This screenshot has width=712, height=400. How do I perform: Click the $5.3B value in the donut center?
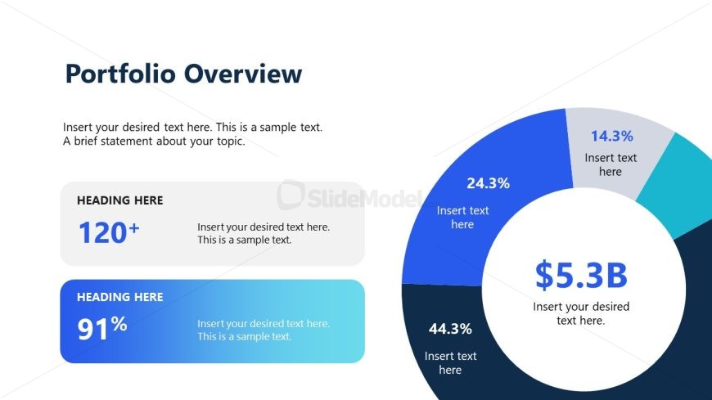(x=581, y=276)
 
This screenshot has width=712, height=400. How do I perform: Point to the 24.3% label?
(x=488, y=183)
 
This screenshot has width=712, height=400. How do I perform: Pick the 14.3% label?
(x=611, y=137)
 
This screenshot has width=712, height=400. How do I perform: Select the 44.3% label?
(x=450, y=329)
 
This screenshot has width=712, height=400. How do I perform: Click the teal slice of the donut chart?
(x=675, y=184)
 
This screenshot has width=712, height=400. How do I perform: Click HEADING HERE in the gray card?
(x=119, y=200)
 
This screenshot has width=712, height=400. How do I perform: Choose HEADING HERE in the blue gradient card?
(x=119, y=297)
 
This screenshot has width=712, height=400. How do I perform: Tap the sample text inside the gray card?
(x=263, y=233)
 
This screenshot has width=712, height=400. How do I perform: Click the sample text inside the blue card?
(x=263, y=330)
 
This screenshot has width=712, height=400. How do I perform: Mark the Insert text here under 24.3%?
(x=462, y=218)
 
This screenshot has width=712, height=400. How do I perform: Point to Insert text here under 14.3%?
(x=611, y=164)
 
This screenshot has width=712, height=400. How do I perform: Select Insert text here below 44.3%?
(x=450, y=362)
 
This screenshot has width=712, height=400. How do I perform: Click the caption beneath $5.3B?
(x=581, y=313)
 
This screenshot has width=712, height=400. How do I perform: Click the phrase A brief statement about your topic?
(x=154, y=142)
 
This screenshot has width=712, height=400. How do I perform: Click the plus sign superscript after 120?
(x=134, y=227)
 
